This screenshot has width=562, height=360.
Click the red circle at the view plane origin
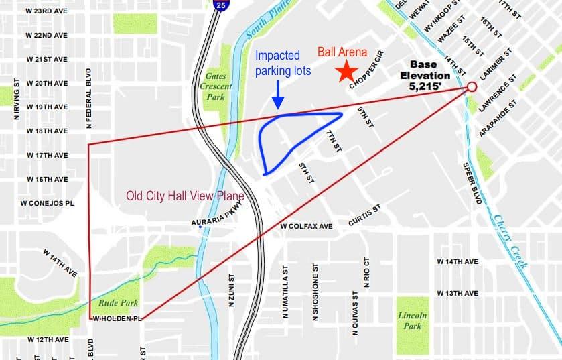(x=471, y=87)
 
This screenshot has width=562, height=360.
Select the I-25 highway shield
(x=221, y=5)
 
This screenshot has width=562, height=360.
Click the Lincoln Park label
(x=412, y=320)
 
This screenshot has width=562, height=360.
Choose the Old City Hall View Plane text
(x=186, y=196)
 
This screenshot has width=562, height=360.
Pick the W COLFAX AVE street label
(x=307, y=227)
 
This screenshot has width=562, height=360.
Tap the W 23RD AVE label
(x=47, y=11)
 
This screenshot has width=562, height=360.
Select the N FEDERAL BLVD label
(x=88, y=98)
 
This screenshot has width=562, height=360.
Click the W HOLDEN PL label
(x=119, y=318)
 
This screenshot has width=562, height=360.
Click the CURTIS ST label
(x=364, y=215)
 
